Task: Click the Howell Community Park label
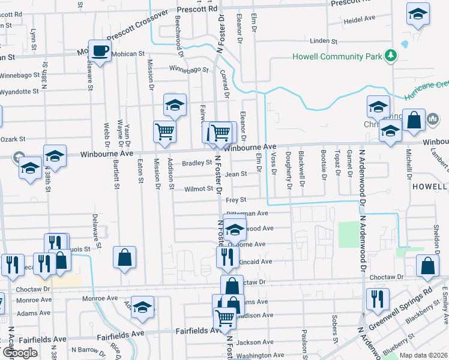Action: pyautogui.click(x=337, y=57)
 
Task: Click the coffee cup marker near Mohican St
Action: pyautogui.click(x=100, y=51)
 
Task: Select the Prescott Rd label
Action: pyautogui.click(x=197, y=9)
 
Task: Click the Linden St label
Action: pyautogui.click(x=324, y=41)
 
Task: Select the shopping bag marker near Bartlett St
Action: pyautogui.click(x=124, y=258)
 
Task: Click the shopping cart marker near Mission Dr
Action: pyautogui.click(x=164, y=131)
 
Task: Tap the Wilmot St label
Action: pyautogui.click(x=199, y=188)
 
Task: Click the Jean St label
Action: pyautogui.click(x=236, y=175)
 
